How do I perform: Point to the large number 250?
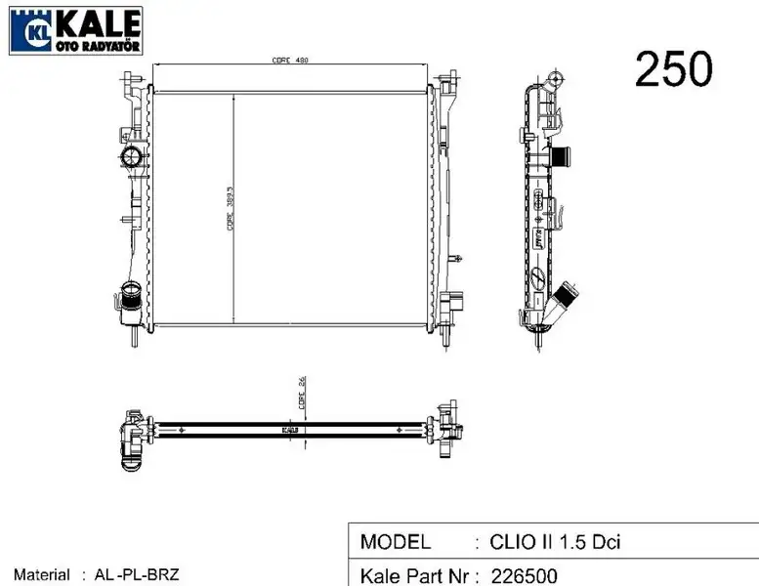tap(674, 68)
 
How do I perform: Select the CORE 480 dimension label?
tap(290, 60)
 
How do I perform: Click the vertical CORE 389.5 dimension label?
tap(230, 208)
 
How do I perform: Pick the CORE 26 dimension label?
tap(303, 397)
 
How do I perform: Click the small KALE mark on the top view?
tap(290, 429)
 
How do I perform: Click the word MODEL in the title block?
tap(396, 542)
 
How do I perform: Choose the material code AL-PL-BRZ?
tap(137, 576)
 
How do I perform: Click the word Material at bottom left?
tap(41, 576)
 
